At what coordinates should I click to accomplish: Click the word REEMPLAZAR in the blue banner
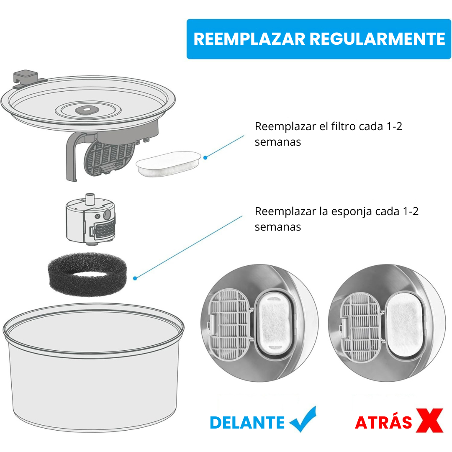249,39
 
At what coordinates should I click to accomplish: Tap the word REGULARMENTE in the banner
378,39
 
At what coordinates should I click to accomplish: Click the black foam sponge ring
87,274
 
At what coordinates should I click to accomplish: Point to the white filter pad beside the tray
169,164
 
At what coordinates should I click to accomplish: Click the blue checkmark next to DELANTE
303,419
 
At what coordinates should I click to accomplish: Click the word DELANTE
247,423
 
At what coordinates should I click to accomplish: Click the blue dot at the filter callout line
205,158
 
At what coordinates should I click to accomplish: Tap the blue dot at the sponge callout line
135,278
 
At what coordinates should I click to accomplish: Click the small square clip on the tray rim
26,78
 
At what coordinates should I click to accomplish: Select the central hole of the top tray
87,110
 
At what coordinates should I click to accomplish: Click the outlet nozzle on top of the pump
90,199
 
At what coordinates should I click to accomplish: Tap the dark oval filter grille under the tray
109,158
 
